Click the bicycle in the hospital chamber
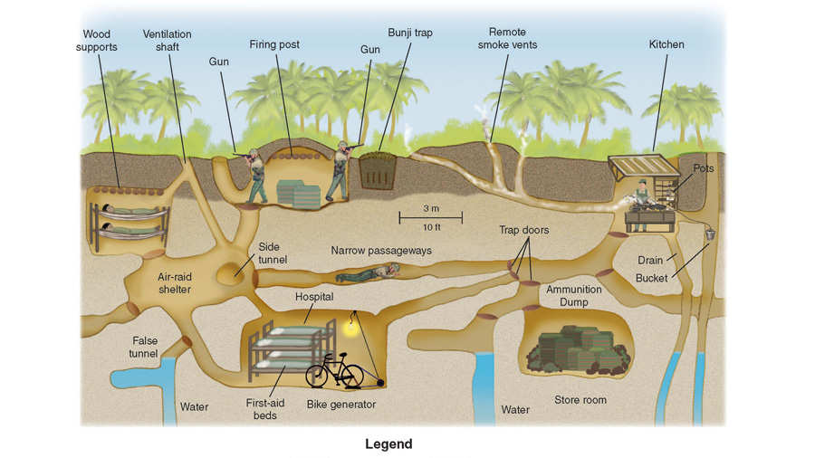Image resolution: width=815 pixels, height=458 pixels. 334,370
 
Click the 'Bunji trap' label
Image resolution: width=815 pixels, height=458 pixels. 410,33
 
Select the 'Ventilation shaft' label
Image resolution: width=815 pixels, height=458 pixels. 168,41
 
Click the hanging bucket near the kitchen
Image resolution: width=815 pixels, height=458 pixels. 710,234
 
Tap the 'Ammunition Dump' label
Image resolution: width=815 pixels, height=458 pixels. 573,296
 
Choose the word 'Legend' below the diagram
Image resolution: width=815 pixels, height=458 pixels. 388,444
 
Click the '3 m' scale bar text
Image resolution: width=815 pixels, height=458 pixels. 431,208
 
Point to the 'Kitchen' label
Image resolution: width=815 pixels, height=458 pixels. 666,44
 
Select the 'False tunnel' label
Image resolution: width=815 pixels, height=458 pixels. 143,348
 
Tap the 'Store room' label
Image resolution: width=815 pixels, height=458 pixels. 580,399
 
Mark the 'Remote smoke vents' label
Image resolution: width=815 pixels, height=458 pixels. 507,38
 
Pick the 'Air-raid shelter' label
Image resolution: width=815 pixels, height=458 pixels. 174,283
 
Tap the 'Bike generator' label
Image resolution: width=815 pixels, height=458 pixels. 340,404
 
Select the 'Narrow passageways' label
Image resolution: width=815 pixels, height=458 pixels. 380,251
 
